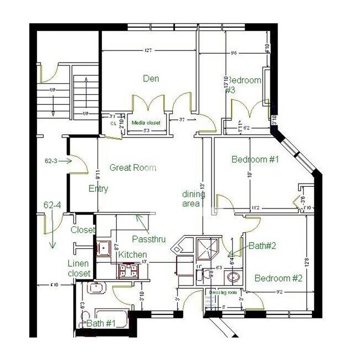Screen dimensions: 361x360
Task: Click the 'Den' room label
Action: (151, 79)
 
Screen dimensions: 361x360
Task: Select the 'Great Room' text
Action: (132, 167)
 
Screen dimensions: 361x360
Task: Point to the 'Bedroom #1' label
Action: (255, 160)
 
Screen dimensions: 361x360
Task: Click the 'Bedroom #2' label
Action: (278, 278)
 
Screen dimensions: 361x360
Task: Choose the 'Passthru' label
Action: (147, 239)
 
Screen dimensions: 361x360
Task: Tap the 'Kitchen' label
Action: (132, 255)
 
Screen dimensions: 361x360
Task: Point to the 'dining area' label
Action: (194, 199)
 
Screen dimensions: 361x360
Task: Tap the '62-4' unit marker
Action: (52, 205)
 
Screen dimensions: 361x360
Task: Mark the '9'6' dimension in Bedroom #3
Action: (234, 53)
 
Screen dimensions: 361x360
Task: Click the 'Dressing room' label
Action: (223, 292)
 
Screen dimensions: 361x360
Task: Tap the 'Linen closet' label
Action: (79, 268)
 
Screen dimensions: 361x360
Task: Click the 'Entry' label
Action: (98, 189)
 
